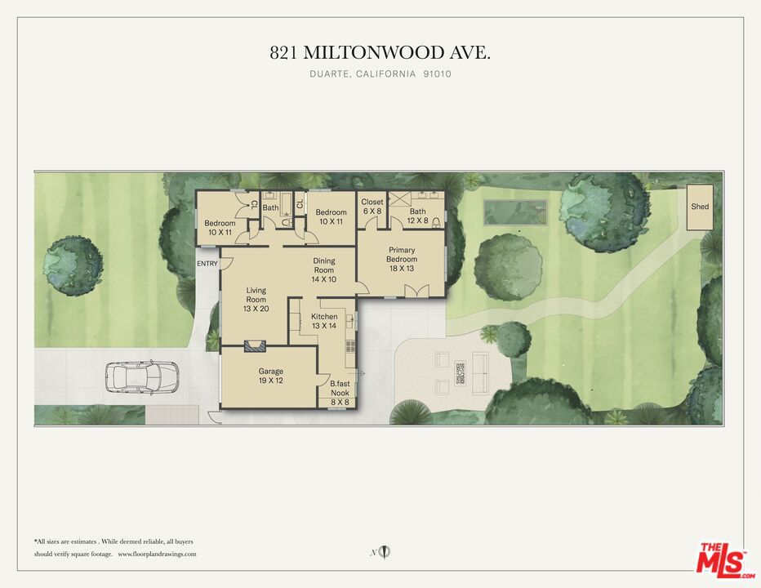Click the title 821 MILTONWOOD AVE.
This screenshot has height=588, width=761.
[x=380, y=53]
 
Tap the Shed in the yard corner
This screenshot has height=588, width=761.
[x=700, y=207]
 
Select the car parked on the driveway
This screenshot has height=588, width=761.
[x=141, y=376]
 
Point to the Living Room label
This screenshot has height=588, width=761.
[x=256, y=299]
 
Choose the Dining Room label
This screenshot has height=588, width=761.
[x=324, y=270]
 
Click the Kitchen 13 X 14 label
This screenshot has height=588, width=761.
[x=324, y=321]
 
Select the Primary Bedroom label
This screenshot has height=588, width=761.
[x=402, y=259]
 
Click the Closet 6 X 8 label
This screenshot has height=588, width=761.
[x=372, y=207]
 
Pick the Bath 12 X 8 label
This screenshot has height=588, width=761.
[x=417, y=216]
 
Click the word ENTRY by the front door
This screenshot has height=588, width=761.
[x=207, y=264]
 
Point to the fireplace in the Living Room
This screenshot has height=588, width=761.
[x=256, y=345]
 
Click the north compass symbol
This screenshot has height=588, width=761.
[x=385, y=553]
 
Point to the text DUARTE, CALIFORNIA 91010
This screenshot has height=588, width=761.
[x=380, y=74]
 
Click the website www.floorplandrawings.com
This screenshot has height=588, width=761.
[x=158, y=554]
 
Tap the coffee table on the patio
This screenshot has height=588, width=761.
[x=460, y=372]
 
